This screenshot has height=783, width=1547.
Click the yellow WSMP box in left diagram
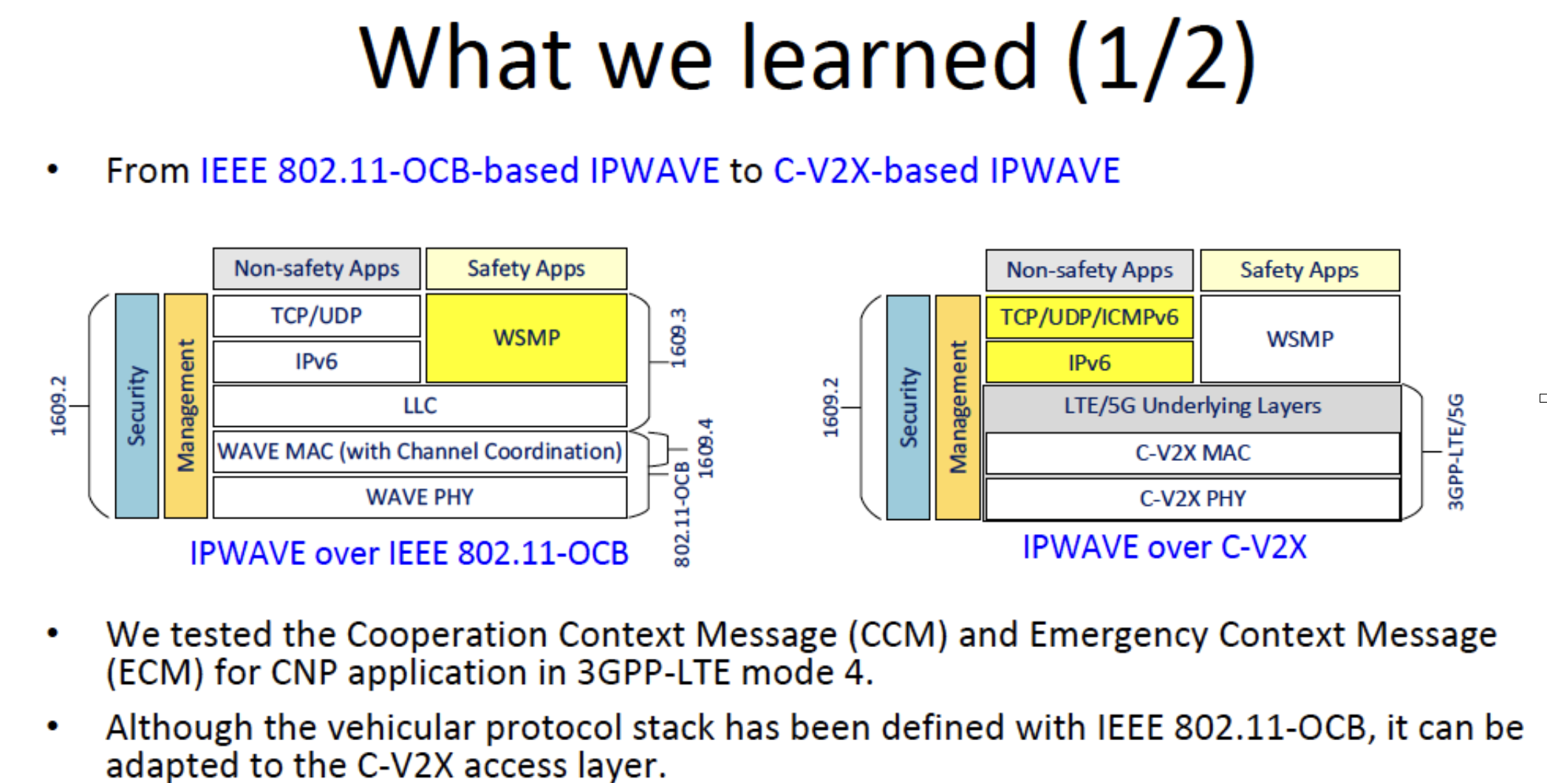click(526, 338)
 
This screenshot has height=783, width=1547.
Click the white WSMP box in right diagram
click(1300, 339)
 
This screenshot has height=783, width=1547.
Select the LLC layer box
click(420, 406)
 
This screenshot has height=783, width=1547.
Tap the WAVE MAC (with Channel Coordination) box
click(420, 451)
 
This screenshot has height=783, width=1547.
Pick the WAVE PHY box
click(420, 497)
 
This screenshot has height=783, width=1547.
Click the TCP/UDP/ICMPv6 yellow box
click(1089, 318)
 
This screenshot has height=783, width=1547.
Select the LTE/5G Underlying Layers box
click(1192, 406)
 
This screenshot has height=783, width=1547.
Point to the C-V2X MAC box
click(1192, 452)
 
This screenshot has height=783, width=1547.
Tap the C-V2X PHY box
click(1192, 499)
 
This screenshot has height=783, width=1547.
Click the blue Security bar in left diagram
click(137, 406)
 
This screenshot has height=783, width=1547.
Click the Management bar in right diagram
click(957, 407)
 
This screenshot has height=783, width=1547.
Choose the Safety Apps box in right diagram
click(1299, 270)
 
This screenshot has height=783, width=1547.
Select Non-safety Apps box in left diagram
click(316, 269)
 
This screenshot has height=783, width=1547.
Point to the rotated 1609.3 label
click(678, 338)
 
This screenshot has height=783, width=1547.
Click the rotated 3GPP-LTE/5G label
click(1455, 451)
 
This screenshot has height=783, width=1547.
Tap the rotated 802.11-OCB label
click(682, 514)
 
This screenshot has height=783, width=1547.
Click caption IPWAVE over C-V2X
click(1164, 547)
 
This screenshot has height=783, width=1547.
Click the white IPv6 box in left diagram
click(316, 361)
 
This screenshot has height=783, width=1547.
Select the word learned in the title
click(889, 58)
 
